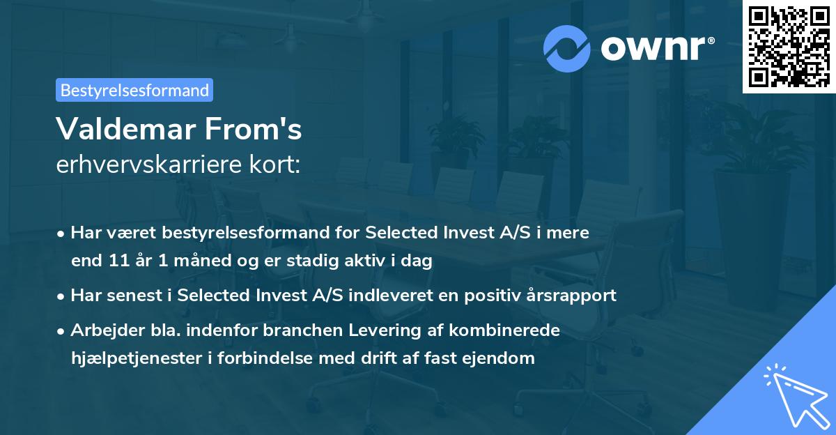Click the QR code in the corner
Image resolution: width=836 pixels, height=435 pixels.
[789, 46]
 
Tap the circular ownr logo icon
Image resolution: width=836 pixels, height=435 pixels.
[566, 49]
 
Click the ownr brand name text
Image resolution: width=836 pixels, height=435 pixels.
[657, 48]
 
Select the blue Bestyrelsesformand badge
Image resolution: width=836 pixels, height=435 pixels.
[134, 90]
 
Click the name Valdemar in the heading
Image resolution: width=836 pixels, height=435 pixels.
[126, 129]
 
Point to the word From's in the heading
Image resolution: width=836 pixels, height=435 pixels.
[254, 129]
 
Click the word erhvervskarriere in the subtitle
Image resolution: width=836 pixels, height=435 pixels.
[148, 165]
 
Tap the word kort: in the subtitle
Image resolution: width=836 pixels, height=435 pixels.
[274, 165]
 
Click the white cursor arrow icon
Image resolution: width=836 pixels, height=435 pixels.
[797, 396]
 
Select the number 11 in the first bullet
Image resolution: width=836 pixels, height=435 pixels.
[119, 261]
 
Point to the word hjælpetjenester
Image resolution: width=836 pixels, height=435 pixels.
[136, 358]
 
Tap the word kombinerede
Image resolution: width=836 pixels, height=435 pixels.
[504, 330]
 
